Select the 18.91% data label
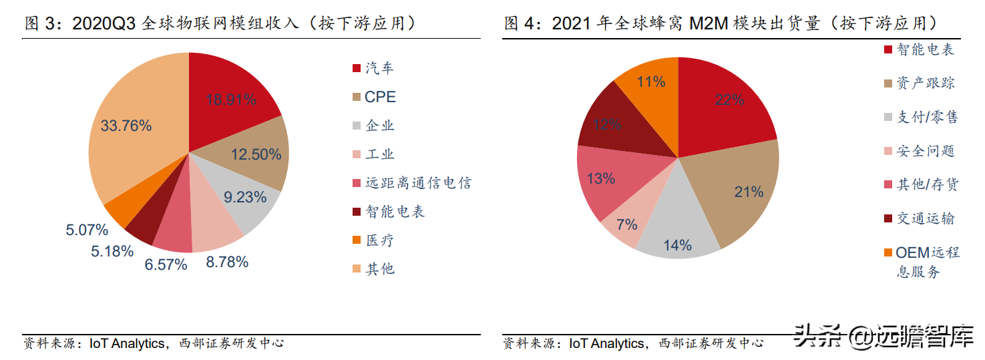point(231,100)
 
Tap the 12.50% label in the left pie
point(256,154)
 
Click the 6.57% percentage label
point(166,264)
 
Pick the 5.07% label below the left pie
point(87,230)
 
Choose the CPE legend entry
point(379,97)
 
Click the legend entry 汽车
point(379,68)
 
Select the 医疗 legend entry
point(379,240)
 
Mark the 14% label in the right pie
point(677,245)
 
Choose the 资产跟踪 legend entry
point(925,83)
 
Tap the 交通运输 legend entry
point(925,218)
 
